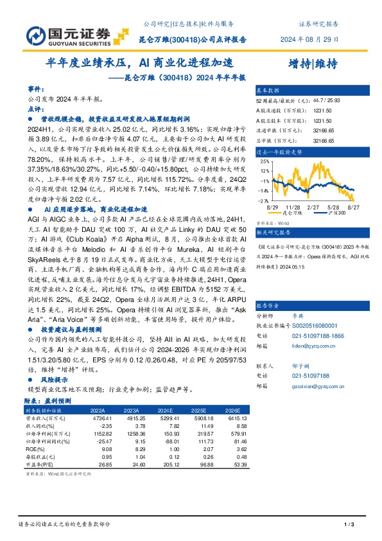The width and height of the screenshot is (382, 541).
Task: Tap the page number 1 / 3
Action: [x=350, y=525]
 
